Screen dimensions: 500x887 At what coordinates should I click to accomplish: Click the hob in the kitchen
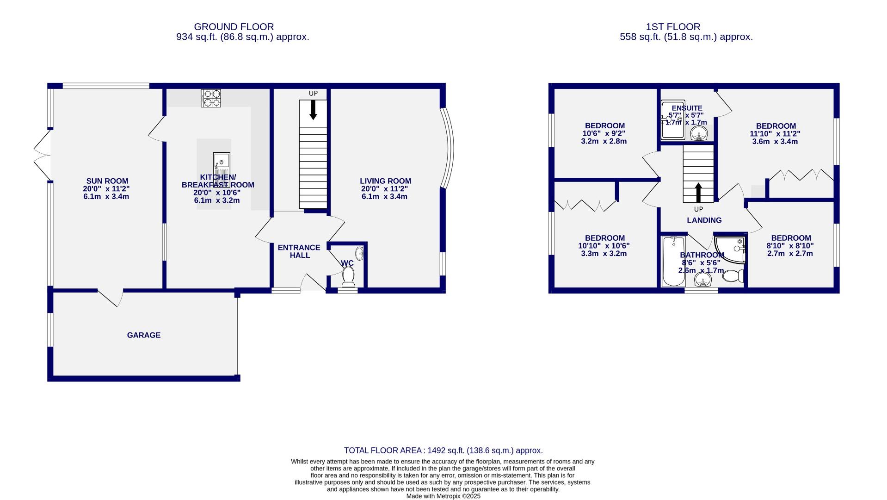(210, 98)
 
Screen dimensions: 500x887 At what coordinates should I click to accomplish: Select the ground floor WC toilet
(348, 277)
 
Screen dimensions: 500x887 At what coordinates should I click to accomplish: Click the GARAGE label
(144, 335)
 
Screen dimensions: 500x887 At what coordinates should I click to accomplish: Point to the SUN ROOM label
(107, 181)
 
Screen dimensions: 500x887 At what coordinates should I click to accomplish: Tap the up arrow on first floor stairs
(698, 192)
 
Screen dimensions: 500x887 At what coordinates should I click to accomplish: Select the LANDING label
(704, 220)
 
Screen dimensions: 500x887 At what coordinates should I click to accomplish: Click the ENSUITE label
(687, 108)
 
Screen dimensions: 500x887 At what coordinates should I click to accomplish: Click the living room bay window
(447, 148)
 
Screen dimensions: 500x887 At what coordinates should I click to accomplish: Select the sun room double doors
(43, 155)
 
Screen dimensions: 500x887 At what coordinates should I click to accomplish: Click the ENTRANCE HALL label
(299, 251)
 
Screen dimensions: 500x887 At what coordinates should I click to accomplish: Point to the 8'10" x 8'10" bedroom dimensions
(790, 246)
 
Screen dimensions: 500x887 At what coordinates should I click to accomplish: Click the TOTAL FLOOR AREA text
(443, 450)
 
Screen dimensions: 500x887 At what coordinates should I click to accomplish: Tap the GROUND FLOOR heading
(234, 27)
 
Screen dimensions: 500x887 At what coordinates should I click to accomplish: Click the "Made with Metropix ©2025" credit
(443, 496)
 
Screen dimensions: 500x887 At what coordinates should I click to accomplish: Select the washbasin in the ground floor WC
(360, 253)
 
